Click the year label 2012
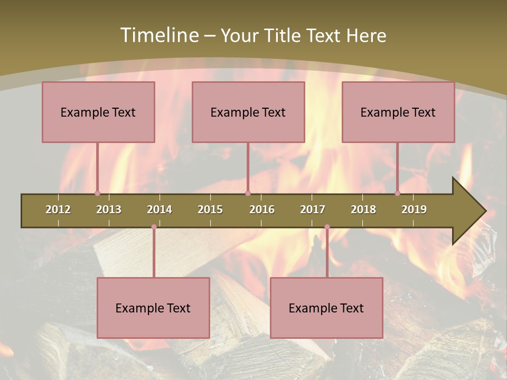(x=58, y=210)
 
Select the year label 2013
(x=109, y=210)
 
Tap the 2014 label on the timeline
(x=159, y=210)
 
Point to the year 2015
(x=210, y=210)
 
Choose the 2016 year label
(x=262, y=210)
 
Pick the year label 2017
(x=313, y=210)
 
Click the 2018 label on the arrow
(x=363, y=210)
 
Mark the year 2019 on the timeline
(x=414, y=210)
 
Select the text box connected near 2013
(x=98, y=112)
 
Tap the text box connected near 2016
(x=248, y=112)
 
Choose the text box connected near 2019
(x=398, y=112)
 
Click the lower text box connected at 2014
(x=153, y=308)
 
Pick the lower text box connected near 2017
(x=326, y=308)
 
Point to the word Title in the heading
(x=283, y=35)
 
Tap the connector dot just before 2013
(x=97, y=194)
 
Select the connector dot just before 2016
(x=248, y=194)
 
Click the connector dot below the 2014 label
(x=154, y=227)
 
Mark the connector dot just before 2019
(x=398, y=194)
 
